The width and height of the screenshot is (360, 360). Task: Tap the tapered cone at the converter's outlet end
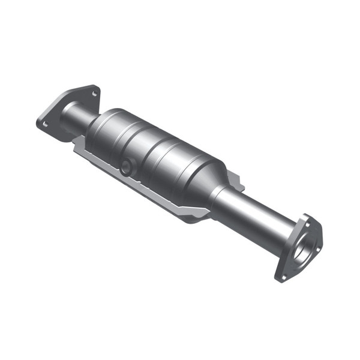tap(210, 180)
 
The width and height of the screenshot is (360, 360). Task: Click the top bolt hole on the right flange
tap(304, 220)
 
